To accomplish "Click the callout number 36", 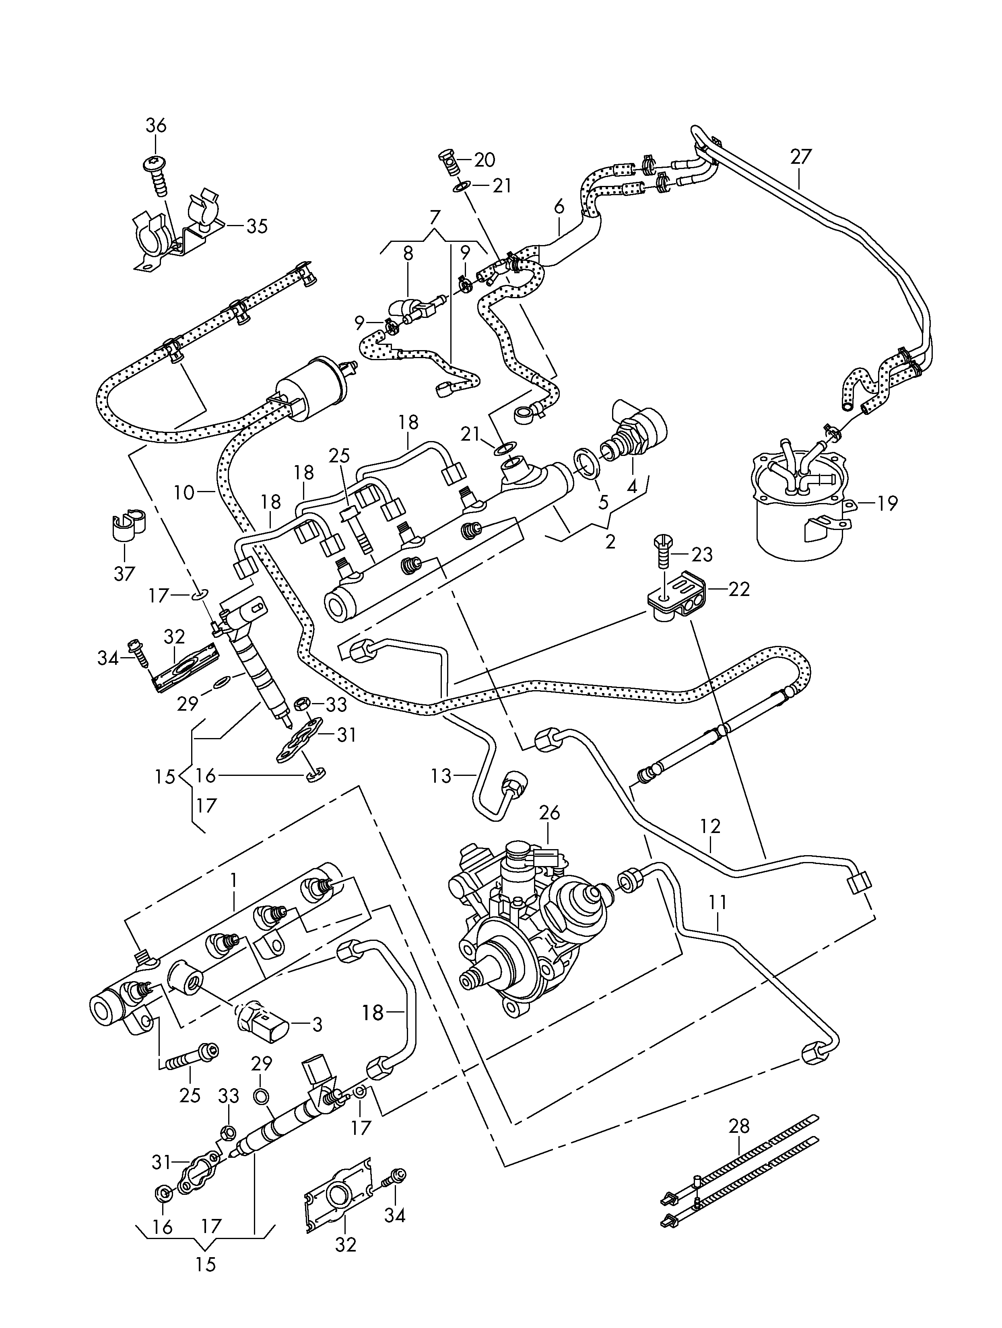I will [156, 126].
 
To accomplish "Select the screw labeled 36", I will [156, 171].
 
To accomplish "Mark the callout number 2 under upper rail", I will [610, 542].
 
